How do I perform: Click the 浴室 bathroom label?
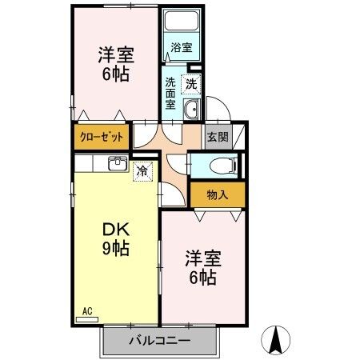(x=182, y=48)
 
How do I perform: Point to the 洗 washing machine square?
(x=191, y=82)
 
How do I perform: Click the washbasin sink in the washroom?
(x=192, y=110)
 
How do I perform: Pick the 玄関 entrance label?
(x=217, y=137)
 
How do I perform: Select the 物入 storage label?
(x=217, y=194)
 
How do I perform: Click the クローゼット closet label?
(x=102, y=137)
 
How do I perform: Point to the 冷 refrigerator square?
(x=142, y=170)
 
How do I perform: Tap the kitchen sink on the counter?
(x=117, y=164)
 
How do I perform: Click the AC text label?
(x=87, y=310)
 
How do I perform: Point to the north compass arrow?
(x=277, y=340)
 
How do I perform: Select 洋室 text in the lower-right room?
(x=202, y=260)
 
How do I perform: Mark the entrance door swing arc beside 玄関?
(x=217, y=107)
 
